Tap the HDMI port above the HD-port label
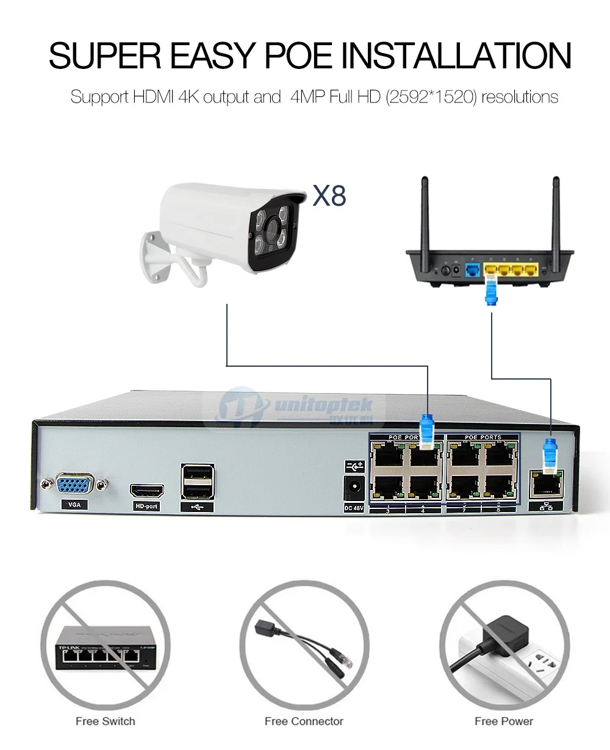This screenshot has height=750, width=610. [x=147, y=490]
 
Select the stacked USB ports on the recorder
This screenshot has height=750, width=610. [x=198, y=480]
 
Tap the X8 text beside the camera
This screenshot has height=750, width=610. [x=329, y=196]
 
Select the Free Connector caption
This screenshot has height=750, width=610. [x=304, y=721]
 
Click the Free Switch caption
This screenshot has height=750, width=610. [x=105, y=721]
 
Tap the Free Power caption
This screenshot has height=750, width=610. [x=504, y=721]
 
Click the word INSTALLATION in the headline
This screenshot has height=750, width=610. [x=455, y=56]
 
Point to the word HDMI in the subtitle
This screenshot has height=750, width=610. [x=154, y=97]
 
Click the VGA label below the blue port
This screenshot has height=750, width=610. [x=74, y=505]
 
